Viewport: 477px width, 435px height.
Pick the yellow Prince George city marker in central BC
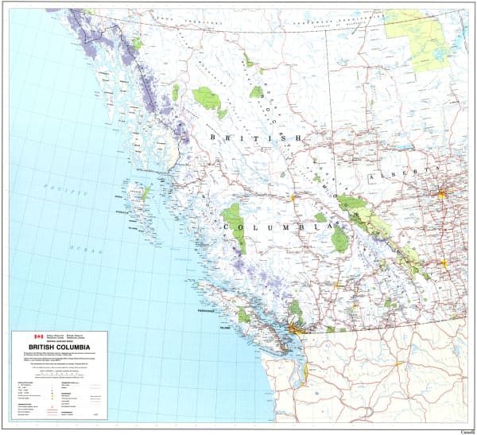[x=292, y=196]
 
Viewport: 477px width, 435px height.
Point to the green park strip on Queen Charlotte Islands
[x=146, y=192]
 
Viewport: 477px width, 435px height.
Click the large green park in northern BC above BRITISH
[x=207, y=99]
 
